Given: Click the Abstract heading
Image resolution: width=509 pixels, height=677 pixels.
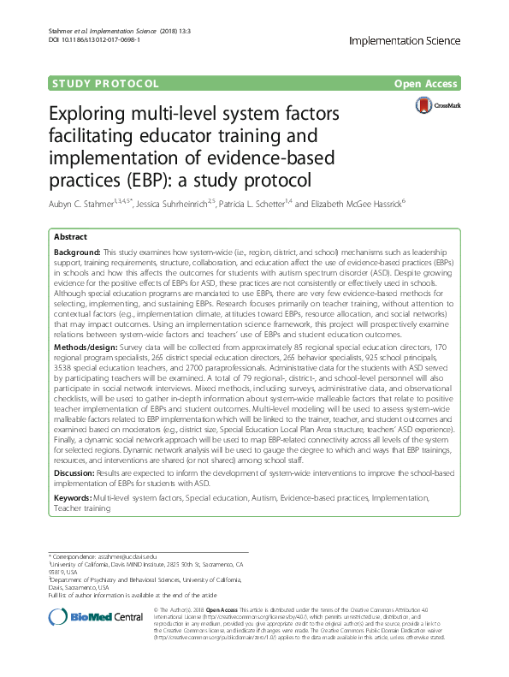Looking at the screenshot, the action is point(70,236).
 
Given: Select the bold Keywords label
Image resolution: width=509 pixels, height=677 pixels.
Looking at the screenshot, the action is point(73,497).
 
